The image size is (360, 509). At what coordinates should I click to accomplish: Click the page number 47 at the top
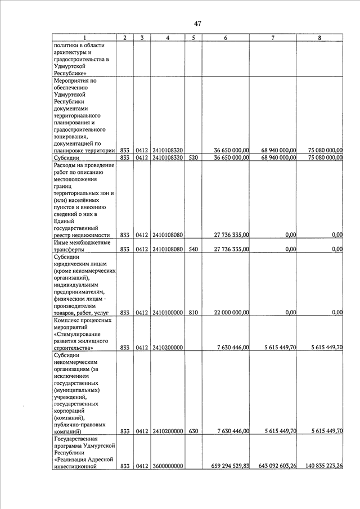pyautogui.click(x=197, y=23)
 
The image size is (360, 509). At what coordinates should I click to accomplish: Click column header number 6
pyautogui.click(x=226, y=38)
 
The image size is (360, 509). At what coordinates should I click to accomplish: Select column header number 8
pyautogui.click(x=319, y=38)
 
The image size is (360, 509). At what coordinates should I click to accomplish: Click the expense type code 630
pyautogui.click(x=193, y=431)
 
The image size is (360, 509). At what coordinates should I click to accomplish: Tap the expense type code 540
pyautogui.click(x=193, y=249)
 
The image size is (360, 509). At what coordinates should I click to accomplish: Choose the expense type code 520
pyautogui.click(x=193, y=157)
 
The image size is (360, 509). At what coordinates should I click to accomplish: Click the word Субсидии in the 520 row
pyautogui.click(x=68, y=157)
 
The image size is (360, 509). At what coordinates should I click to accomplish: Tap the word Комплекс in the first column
pyautogui.click(x=69, y=320)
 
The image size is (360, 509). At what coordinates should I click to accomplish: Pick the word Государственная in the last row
pyautogui.click(x=79, y=438)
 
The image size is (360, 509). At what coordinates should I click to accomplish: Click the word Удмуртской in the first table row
pyautogui.click(x=71, y=66)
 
